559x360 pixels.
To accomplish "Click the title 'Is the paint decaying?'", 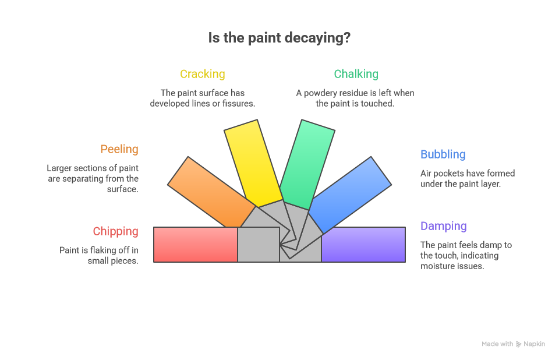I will pos(279,38).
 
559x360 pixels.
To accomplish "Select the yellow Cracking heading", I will pos(202,74).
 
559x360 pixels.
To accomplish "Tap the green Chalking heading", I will pos(356,74).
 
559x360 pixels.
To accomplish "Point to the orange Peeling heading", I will pos(119,149).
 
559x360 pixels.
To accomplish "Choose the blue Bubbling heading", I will pos(443,154).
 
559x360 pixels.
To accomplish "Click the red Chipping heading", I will pos(116,231).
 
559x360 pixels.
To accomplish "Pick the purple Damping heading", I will pos(444,226).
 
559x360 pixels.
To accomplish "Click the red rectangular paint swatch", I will pos(196,245).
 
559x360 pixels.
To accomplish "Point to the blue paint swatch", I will pos(349,193).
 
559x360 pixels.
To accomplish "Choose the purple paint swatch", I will pos(363,245).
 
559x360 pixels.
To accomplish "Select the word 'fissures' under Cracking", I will pos(239,103).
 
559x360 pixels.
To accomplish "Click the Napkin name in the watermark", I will pos(534,344).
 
